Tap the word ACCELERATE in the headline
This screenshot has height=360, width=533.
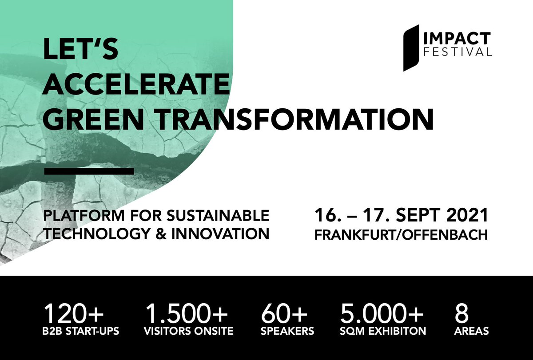(136, 83)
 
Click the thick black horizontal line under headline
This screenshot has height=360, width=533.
(89, 170)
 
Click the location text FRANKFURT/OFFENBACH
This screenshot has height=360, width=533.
(401, 234)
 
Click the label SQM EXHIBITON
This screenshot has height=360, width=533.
(383, 331)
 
